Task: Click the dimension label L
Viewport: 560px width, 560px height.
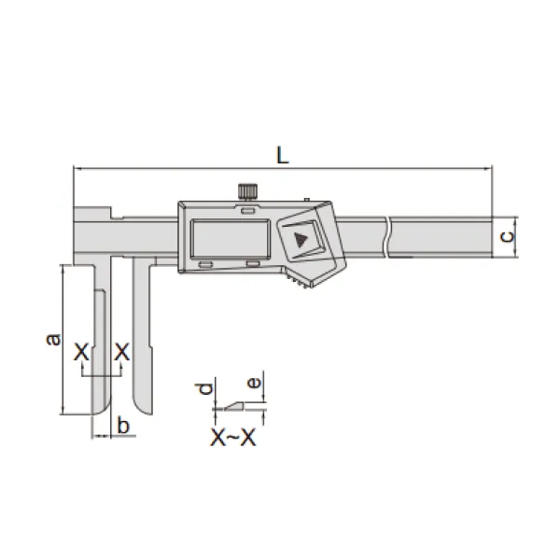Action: point(283,156)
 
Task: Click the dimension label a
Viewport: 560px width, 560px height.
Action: point(53,339)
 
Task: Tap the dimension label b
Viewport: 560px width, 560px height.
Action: point(123,426)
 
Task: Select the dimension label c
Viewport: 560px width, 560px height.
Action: point(507,236)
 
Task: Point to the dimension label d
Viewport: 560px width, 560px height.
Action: point(205,388)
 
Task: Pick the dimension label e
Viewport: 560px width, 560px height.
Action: point(254,383)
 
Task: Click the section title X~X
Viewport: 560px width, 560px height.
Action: point(233,438)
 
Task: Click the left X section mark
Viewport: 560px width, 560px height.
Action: point(81,352)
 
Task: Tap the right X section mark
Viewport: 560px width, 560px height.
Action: point(121,352)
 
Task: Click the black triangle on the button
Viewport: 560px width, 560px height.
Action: point(301,240)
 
